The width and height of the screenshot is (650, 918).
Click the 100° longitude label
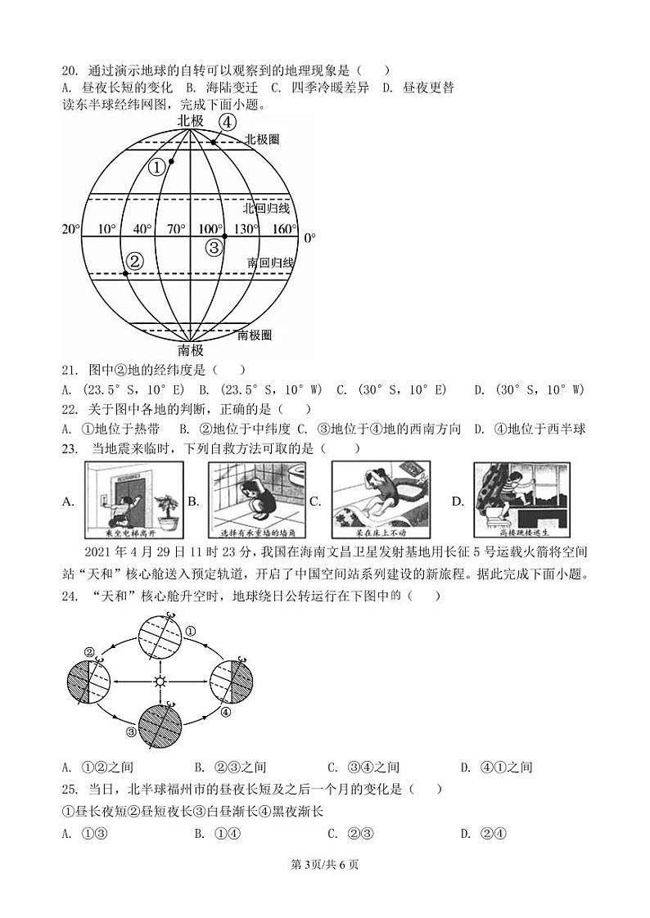(210, 229)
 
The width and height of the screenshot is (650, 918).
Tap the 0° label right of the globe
(309, 238)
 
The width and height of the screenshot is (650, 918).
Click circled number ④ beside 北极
(228, 122)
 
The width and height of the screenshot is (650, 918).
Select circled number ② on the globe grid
(135, 260)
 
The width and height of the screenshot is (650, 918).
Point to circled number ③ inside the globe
(213, 247)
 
